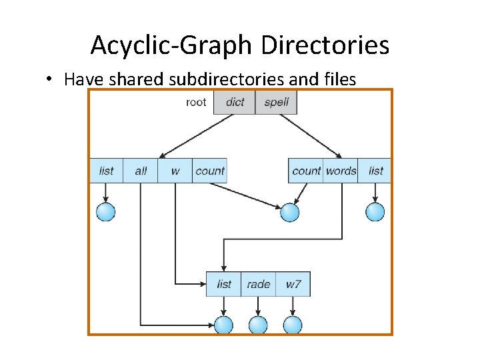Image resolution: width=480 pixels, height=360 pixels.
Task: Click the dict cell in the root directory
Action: tap(235, 102)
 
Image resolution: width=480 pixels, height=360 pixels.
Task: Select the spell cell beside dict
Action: tap(276, 102)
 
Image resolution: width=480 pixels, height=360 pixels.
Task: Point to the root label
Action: tap(197, 102)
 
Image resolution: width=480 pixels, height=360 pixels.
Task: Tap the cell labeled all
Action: tap(141, 171)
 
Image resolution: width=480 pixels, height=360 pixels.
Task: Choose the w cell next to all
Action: tap(175, 171)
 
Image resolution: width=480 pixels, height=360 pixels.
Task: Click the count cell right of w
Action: tap(209, 171)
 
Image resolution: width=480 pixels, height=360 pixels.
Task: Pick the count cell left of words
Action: tap(306, 171)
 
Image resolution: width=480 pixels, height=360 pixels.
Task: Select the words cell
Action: tap(341, 171)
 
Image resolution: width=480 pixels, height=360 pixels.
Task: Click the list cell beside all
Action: tap(107, 171)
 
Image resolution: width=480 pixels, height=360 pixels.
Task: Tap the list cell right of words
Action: tap(376, 171)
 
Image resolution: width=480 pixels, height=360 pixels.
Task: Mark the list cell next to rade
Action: tap(224, 284)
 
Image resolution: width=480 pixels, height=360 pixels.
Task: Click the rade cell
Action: tap(258, 284)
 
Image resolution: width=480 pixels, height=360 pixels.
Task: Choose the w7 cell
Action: tap(293, 284)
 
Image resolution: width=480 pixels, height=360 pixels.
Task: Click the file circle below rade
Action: tap(258, 325)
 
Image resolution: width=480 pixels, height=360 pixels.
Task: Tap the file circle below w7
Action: tap(293, 325)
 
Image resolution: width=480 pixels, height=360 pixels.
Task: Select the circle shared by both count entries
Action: tap(289, 212)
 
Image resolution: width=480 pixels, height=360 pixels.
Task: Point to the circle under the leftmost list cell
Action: tap(106, 212)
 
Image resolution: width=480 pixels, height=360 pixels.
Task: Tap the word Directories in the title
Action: tap(325, 45)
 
